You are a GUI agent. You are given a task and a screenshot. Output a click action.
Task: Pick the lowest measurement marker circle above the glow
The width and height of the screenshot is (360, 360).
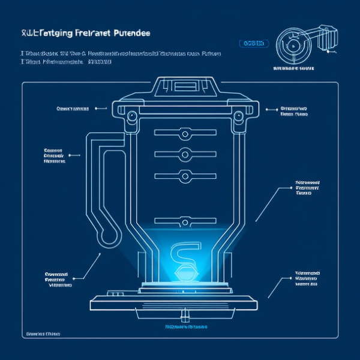pyautogui.click(x=185, y=221)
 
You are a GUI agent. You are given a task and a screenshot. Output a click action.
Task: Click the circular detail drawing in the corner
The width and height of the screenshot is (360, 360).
pyautogui.click(x=295, y=45)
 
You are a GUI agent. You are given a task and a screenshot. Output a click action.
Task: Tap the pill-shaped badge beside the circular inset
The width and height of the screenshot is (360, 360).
pyautogui.click(x=254, y=43)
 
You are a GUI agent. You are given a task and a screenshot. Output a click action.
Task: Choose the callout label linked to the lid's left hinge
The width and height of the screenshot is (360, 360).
pyautogui.click(x=73, y=109)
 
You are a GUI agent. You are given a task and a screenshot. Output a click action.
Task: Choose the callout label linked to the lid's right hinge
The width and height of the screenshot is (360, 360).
pyautogui.click(x=295, y=110)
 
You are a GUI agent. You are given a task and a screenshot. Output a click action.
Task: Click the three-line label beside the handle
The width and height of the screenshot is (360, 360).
pyautogui.click(x=55, y=155)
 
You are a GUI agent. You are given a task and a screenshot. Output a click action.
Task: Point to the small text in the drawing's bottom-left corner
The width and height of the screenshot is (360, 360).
pyautogui.click(x=43, y=334)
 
